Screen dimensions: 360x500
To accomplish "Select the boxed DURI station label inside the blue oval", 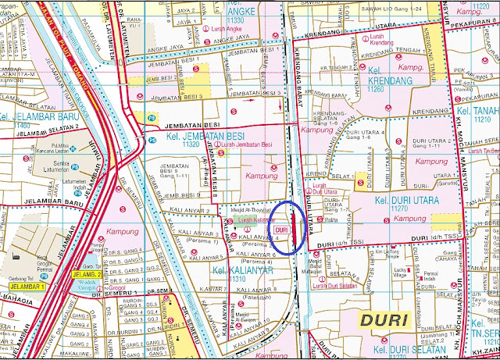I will (283, 230).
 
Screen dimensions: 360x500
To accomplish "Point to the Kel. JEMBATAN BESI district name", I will (187, 134).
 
